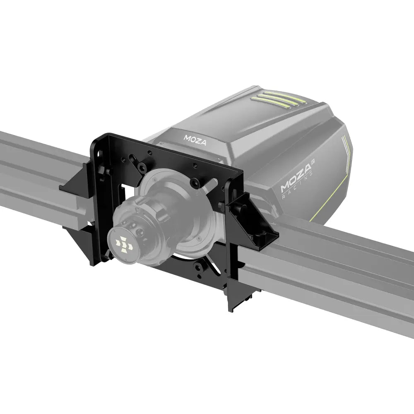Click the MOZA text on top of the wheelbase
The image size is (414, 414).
(x=193, y=137)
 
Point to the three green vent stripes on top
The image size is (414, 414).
(x=275, y=99)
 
